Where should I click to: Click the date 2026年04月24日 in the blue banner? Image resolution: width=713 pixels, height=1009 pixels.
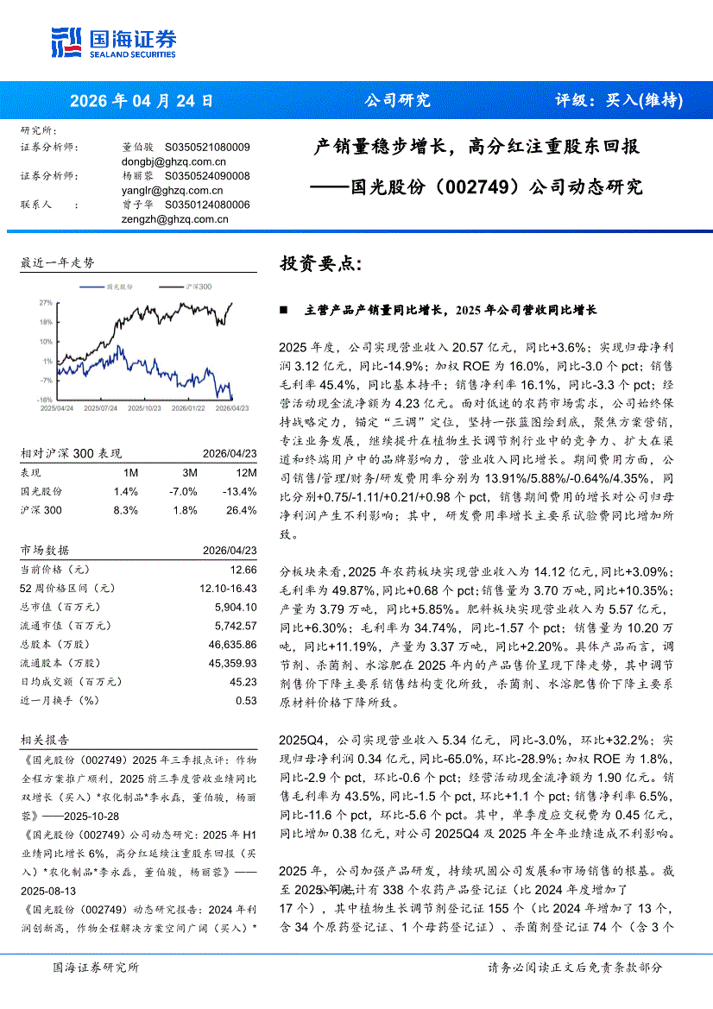tap(141, 100)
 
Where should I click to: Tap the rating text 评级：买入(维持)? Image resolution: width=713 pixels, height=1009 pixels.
tap(618, 100)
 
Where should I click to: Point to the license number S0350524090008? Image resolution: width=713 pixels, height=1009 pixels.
tap(206, 176)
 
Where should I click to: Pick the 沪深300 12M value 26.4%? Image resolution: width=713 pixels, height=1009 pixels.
tap(241, 510)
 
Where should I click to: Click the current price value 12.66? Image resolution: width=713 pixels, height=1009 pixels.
tap(243, 570)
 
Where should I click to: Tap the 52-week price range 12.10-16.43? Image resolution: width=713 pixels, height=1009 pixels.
tap(229, 588)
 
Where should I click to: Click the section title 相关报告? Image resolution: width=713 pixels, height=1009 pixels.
tap(46, 740)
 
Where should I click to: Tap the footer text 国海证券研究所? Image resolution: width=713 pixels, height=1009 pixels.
tap(96, 968)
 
